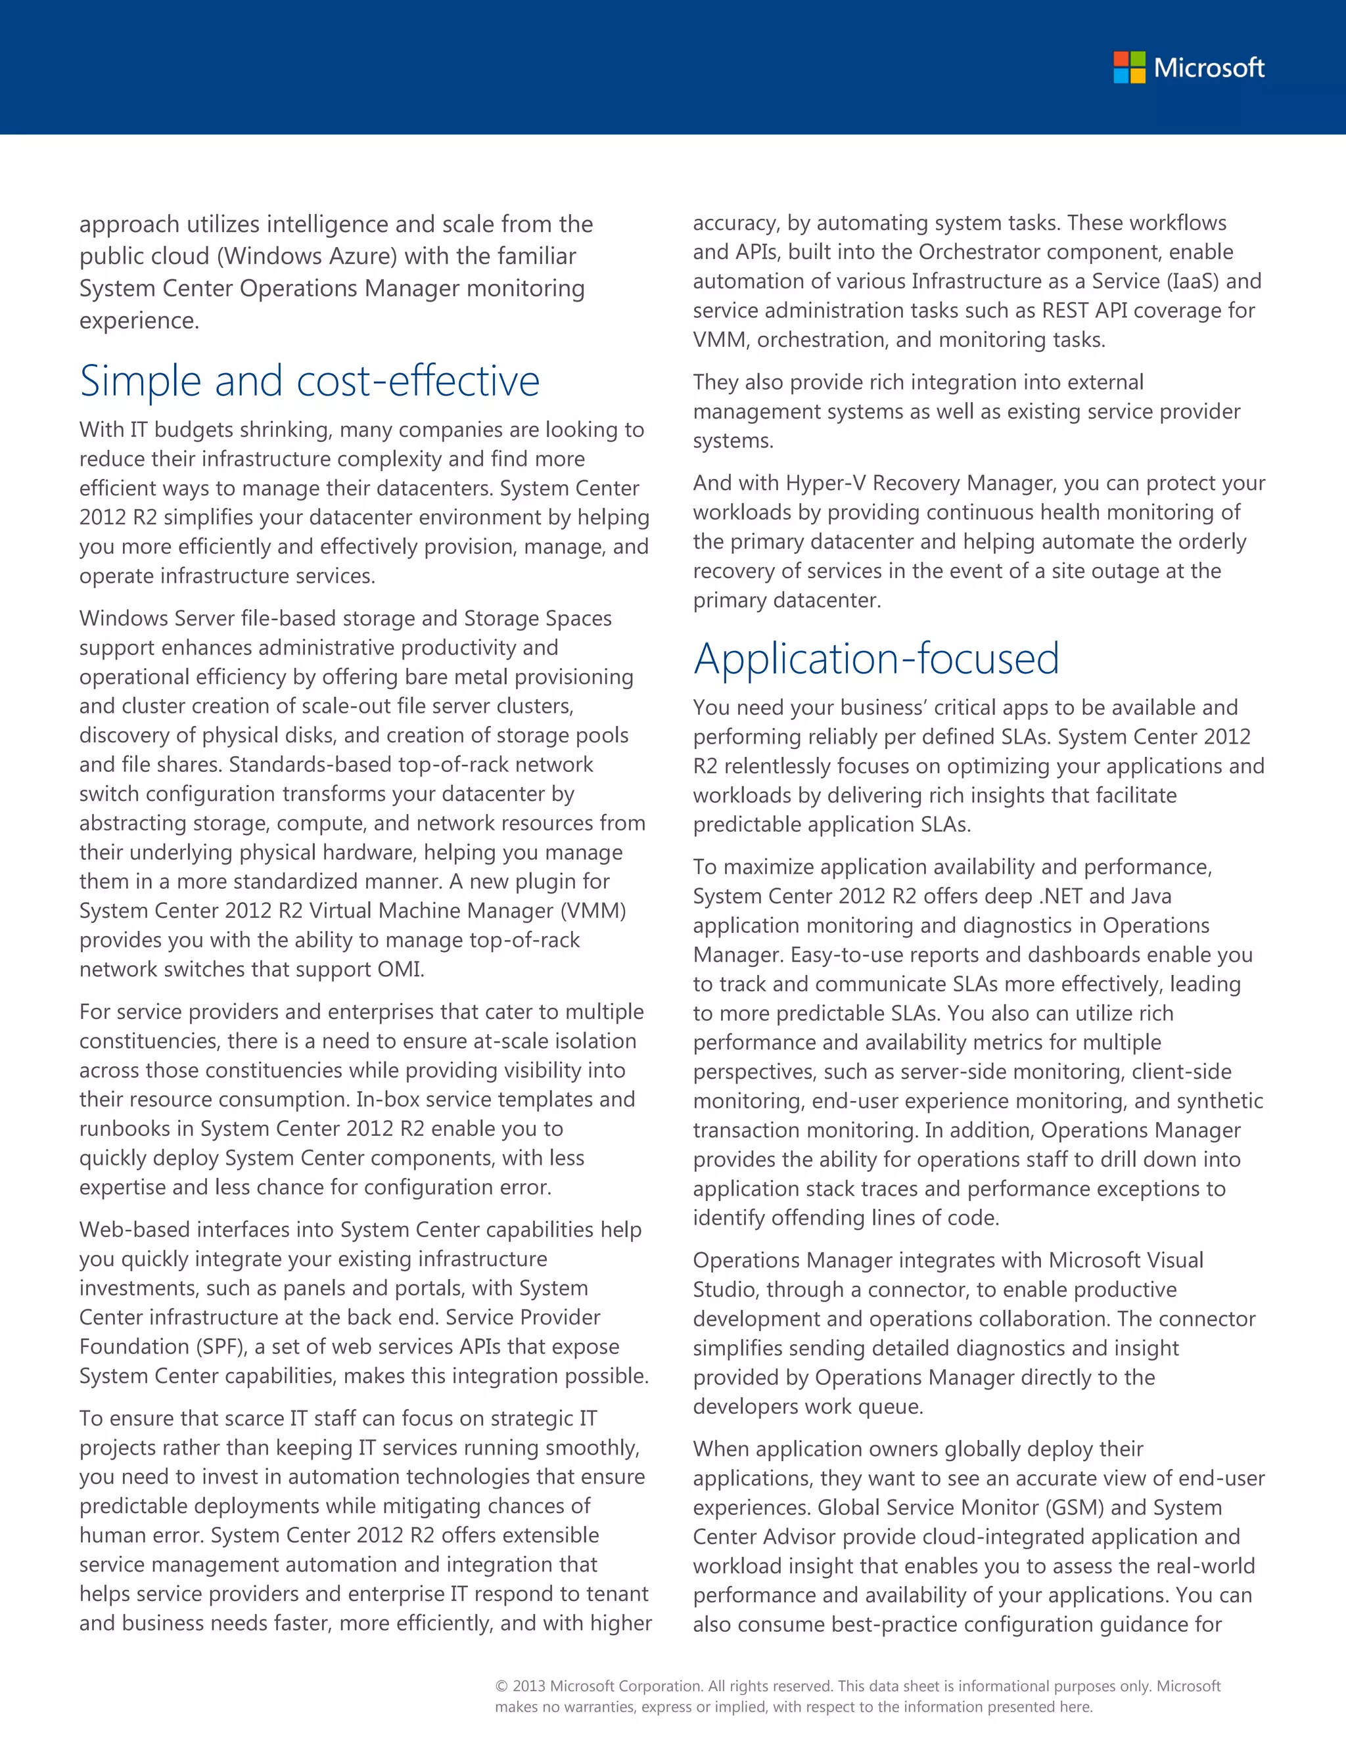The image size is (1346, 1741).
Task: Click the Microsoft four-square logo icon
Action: coord(1129,68)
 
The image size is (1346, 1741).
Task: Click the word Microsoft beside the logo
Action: coord(1209,68)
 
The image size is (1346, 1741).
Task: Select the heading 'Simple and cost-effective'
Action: coord(310,380)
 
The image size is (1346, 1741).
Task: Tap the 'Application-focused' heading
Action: coord(875,658)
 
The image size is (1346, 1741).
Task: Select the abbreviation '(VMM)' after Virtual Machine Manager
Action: coord(594,911)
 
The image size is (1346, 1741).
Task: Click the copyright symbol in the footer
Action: coord(501,1686)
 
